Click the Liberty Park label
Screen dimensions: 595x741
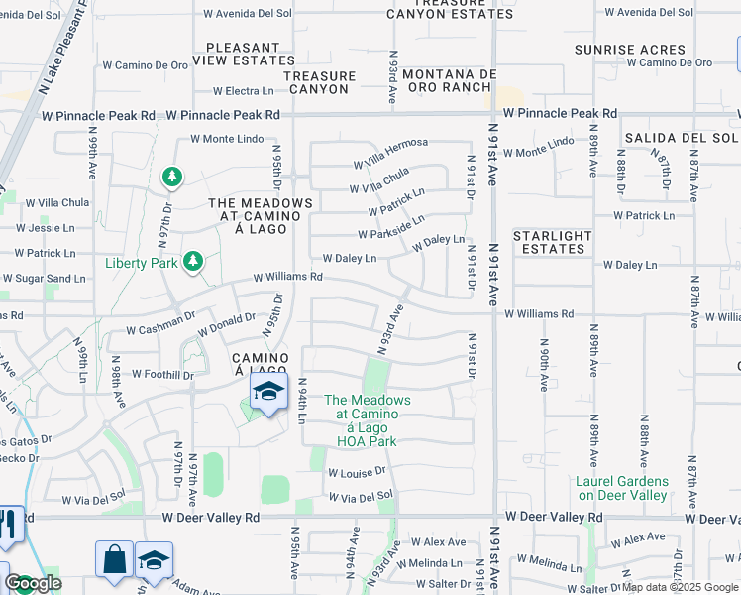pyautogui.click(x=141, y=263)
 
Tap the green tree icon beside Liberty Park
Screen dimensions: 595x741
pyautogui.click(x=193, y=262)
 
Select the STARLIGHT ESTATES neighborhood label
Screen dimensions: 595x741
pyautogui.click(x=553, y=242)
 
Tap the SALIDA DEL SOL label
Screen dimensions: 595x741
pyautogui.click(x=681, y=137)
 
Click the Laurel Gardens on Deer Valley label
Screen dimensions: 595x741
pyautogui.click(x=622, y=488)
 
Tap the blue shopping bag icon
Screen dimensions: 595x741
pyautogui.click(x=114, y=559)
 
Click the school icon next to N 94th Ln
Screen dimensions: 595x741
pyautogui.click(x=267, y=393)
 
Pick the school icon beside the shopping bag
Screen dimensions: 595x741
pyautogui.click(x=154, y=560)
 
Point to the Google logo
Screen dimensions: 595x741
pyautogui.click(x=34, y=583)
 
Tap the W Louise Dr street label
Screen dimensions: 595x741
pyautogui.click(x=355, y=473)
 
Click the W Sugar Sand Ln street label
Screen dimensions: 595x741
pyautogui.click(x=44, y=280)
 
